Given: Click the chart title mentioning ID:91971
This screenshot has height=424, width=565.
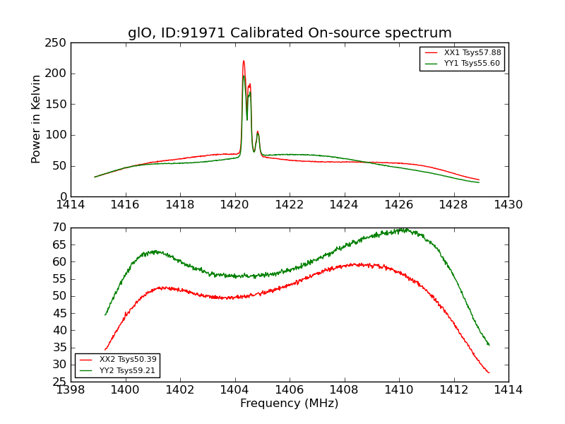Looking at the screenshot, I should pyautogui.click(x=290, y=33).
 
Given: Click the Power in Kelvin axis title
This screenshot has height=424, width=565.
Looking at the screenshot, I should pyautogui.click(x=36, y=119).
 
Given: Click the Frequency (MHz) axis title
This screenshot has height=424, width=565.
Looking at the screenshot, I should pyautogui.click(x=290, y=404).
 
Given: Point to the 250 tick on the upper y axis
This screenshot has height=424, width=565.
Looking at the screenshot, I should pyautogui.click(x=57, y=43).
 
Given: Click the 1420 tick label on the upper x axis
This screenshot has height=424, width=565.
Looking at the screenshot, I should pyautogui.click(x=234, y=205).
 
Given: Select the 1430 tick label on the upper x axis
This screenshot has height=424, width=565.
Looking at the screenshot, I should pyautogui.click(x=509, y=205).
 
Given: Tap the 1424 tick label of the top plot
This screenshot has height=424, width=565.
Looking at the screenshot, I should pyautogui.click(x=344, y=205).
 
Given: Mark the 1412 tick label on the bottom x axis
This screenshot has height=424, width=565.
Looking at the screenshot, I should pyautogui.click(x=453, y=390).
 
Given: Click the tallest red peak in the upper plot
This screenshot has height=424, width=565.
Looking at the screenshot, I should pyautogui.click(x=244, y=61).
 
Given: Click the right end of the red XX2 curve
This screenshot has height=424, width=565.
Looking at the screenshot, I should pyautogui.click(x=488, y=372).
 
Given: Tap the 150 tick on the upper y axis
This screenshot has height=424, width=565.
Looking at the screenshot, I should pyautogui.click(x=57, y=105).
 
